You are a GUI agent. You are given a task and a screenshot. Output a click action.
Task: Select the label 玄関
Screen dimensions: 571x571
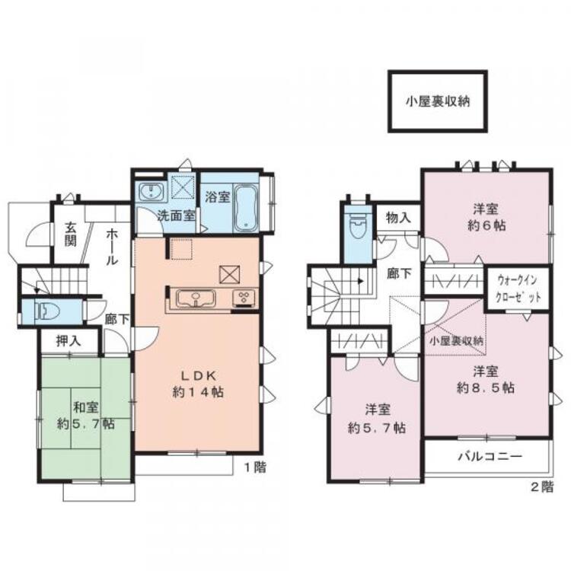[x=70, y=232]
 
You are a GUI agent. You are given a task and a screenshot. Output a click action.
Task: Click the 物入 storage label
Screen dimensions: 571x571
[x=397, y=218]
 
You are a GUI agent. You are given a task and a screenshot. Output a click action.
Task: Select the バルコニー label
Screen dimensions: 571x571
[x=489, y=458]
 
